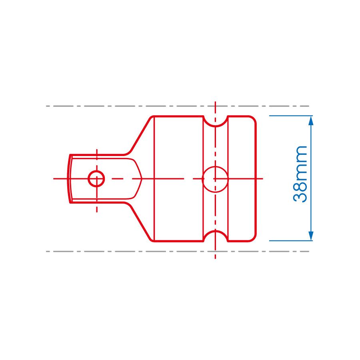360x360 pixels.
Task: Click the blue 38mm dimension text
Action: [301, 174]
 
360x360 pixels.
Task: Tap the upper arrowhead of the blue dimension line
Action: [311, 120]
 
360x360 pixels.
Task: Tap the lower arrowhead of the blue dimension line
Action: [311, 236]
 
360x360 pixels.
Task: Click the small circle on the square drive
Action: [96, 178]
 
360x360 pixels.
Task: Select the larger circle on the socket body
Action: [215, 179]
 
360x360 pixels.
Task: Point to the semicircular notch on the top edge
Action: [215, 121]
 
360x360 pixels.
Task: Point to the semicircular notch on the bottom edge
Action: [215, 236]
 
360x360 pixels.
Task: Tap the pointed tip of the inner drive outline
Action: [142, 178]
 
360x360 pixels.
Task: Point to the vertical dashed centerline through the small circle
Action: [96, 200]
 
